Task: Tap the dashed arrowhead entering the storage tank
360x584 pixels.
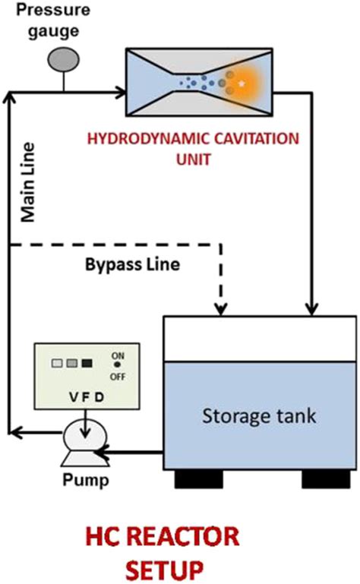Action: (x=220, y=310)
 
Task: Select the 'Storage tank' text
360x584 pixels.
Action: (x=248, y=416)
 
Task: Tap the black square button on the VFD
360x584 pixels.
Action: (x=86, y=363)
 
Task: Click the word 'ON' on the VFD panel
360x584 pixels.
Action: (x=118, y=355)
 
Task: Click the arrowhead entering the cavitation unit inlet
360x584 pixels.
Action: (x=121, y=93)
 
